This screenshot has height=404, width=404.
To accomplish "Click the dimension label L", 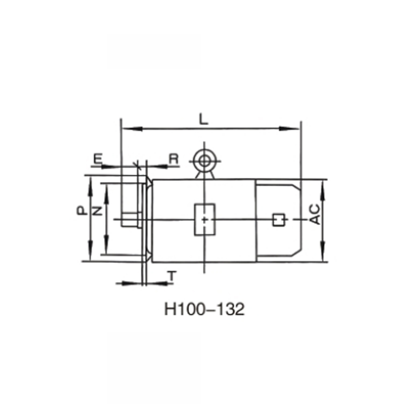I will coord(204,119).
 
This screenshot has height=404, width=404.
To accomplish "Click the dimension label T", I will coord(172,276).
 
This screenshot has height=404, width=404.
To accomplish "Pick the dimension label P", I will coord(81,211).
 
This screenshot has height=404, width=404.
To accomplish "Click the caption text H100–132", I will coord(204,309).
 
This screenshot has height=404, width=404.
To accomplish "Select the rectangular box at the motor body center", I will coord(205,219).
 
